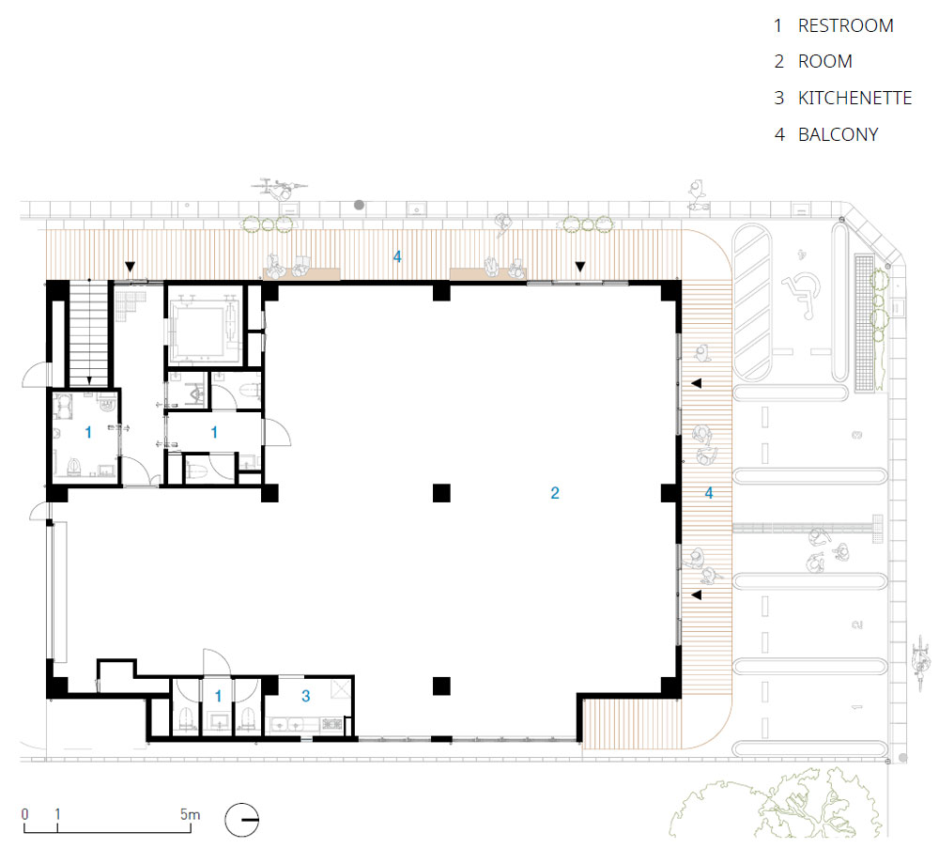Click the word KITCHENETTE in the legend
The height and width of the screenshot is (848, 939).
854,98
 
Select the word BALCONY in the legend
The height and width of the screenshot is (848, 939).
838,134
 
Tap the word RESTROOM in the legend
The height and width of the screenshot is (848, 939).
846,25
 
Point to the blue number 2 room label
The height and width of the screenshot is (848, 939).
555,493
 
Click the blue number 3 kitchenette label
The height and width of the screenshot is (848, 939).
306,696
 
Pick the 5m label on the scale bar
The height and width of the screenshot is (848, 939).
190,814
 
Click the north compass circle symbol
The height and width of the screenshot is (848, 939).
242,819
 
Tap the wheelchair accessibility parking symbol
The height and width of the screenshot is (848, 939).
802,295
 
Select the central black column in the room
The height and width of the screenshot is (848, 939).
441,493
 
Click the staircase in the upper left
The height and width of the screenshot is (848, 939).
89,334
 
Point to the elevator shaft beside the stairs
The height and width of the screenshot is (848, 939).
205,324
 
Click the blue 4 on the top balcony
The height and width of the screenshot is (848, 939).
397,257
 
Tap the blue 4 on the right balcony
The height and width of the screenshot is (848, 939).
709,493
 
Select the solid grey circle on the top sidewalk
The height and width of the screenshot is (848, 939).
360,205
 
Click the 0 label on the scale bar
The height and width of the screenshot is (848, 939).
24,814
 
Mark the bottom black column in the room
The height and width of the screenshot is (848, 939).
441,686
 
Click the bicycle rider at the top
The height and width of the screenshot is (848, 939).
279,188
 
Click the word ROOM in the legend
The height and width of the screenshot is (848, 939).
825,61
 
